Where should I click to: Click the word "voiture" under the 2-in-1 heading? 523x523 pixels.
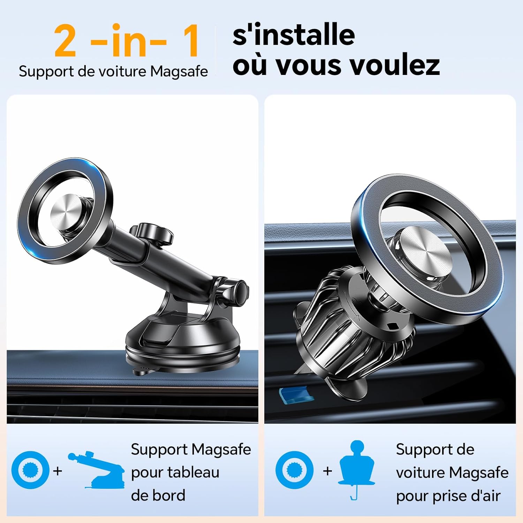(x=122, y=71)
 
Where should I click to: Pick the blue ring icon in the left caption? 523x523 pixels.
(x=30, y=470)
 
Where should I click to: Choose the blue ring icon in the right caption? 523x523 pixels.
(x=294, y=470)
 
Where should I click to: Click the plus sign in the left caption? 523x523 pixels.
(x=58, y=471)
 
